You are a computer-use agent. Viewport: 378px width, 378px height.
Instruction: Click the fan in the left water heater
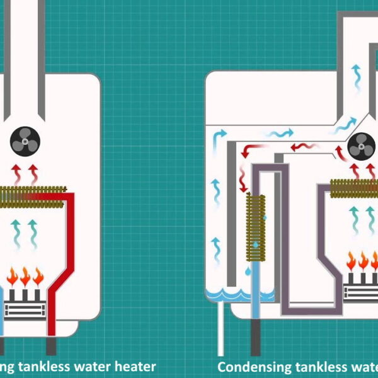(26, 142)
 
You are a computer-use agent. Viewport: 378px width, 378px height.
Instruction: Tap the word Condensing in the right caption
(251, 366)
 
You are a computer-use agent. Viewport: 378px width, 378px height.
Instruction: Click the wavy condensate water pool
(239, 294)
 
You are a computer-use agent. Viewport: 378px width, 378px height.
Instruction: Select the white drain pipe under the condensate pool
(220, 328)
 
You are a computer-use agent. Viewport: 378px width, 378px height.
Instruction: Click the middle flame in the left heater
(25, 277)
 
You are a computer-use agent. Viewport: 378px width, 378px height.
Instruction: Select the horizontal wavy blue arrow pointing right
(278, 134)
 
